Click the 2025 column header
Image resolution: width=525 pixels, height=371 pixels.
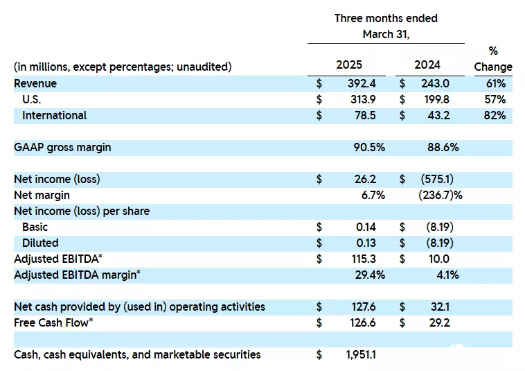click(x=349, y=64)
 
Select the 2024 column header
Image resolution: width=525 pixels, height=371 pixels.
click(x=427, y=64)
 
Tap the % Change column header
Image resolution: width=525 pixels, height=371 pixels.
click(x=493, y=59)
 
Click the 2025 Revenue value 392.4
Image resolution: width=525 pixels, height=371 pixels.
click(x=362, y=83)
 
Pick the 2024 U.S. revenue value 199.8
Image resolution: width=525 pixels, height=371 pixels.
click(x=435, y=100)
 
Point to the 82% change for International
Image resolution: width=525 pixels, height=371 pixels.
click(x=495, y=116)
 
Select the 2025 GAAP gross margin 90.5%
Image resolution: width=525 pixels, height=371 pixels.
click(x=369, y=148)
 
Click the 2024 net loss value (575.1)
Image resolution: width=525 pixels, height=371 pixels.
click(x=437, y=180)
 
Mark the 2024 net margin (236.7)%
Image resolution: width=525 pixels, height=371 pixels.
click(x=441, y=195)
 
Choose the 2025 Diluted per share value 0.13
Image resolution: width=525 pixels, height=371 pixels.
click(x=366, y=243)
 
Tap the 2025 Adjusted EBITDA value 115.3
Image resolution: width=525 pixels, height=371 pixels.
click(x=364, y=259)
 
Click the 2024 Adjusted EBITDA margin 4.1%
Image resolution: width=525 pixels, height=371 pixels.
click(x=447, y=275)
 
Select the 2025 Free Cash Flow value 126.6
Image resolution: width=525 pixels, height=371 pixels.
click(x=363, y=322)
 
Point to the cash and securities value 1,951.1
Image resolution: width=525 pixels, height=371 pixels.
click(x=361, y=354)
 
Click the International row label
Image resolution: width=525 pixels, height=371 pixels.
click(x=54, y=116)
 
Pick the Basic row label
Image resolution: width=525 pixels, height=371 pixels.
click(x=35, y=227)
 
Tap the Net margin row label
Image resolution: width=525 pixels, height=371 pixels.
click(x=42, y=195)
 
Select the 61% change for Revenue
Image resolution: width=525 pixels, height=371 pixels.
click(x=496, y=83)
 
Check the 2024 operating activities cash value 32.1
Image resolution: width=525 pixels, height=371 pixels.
click(x=439, y=307)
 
